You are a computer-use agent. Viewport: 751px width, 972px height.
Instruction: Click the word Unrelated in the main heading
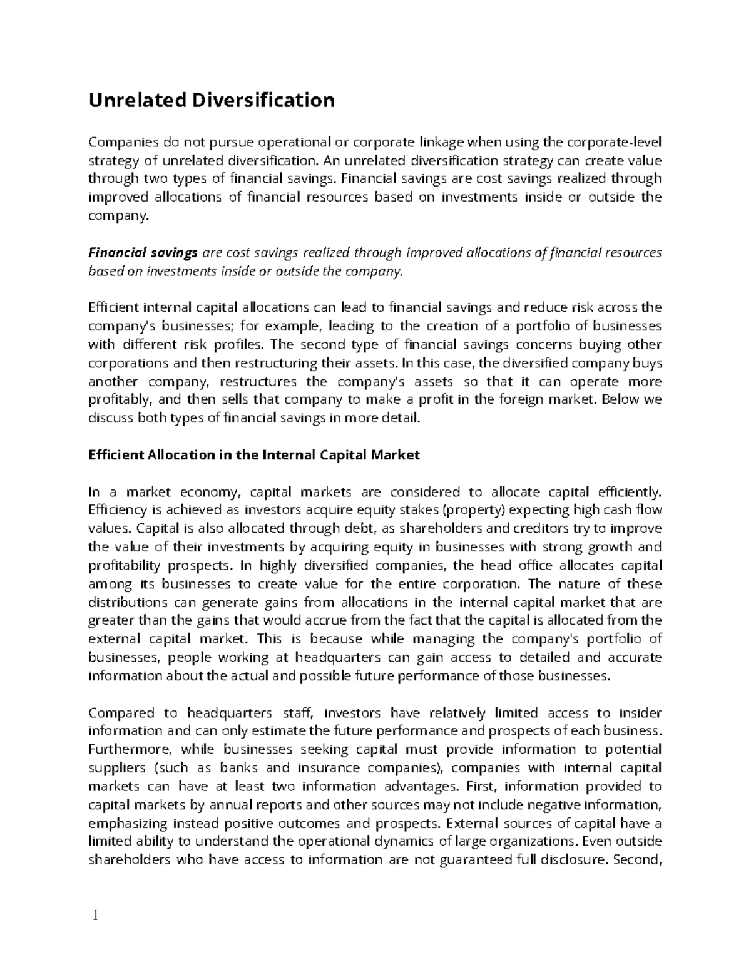(130, 100)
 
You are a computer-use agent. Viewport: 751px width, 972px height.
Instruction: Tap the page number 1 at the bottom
(95, 917)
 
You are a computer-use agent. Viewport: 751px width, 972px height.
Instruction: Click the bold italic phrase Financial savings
(143, 253)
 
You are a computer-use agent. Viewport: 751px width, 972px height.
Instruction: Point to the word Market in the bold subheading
(396, 455)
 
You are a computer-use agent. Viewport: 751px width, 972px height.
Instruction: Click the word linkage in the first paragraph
(434, 142)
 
